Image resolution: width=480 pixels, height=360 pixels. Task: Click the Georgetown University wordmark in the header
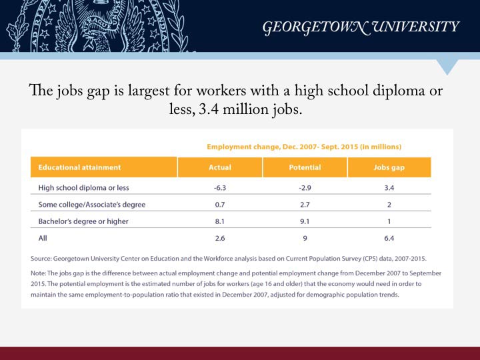[x=361, y=27]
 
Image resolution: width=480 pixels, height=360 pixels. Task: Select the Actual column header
[x=219, y=167]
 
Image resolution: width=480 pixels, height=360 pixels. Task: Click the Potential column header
[x=305, y=167]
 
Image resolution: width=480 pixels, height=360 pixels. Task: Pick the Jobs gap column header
[x=389, y=167]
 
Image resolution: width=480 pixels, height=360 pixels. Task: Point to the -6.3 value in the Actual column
[x=219, y=187]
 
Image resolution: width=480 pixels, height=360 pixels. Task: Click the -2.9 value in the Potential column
[x=305, y=187]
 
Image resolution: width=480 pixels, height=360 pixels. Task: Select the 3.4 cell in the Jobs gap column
[x=389, y=187]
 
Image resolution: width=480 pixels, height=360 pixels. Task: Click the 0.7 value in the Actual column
[x=219, y=204]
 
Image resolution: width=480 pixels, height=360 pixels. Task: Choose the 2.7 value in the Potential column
[x=305, y=204]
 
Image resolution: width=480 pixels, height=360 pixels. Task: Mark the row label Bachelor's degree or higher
[x=83, y=221]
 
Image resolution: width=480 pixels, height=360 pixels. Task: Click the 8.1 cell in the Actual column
[x=219, y=221]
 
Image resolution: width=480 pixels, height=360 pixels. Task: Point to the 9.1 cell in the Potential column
[x=305, y=221]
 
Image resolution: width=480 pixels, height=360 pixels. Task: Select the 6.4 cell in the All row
[x=389, y=237]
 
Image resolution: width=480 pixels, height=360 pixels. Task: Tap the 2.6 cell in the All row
[x=219, y=237]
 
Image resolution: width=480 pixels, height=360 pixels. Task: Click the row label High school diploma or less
[x=81, y=187]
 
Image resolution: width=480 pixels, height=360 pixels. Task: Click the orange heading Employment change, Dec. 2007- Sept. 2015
[x=303, y=146]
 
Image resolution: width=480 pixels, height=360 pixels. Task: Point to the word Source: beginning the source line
[x=43, y=258]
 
